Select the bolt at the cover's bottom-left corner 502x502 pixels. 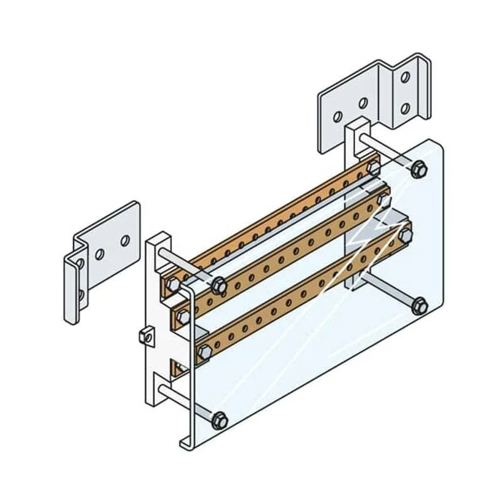click(219, 419)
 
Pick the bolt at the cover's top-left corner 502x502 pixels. click(218, 286)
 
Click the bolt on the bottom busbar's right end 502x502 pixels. click(405, 236)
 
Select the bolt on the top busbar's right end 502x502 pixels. click(374, 168)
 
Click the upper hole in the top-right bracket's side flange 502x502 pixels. click(405, 77)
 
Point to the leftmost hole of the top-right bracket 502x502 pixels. click(338, 117)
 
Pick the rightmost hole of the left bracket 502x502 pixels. click(125, 240)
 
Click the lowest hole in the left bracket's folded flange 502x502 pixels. click(81, 294)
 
